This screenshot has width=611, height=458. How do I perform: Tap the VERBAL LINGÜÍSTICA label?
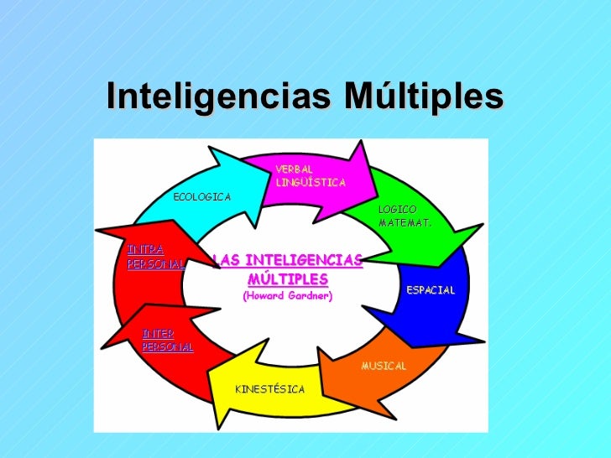point(310,175)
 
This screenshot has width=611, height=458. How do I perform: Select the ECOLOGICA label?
point(201,196)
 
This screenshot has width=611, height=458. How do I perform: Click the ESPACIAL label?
point(431,290)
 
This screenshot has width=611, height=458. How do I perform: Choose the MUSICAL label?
point(384,366)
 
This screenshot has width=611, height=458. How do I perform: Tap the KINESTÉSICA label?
point(269,389)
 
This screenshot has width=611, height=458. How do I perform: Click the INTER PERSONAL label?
point(167,340)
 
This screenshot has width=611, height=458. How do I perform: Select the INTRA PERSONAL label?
point(154,257)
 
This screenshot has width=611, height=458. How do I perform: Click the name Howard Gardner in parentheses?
point(287,296)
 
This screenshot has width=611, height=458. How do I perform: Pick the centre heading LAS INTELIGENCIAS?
point(288,261)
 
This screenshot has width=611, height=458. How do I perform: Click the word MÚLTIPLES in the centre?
point(288,278)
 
